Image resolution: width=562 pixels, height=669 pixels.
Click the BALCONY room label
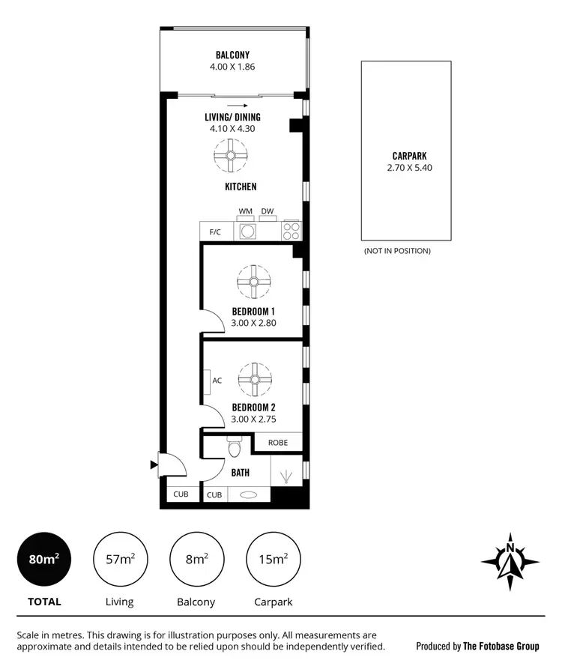tap(232, 55)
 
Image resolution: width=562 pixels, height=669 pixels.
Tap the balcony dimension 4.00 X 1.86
tap(232, 67)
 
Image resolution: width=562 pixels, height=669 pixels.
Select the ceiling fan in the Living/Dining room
tap(232, 156)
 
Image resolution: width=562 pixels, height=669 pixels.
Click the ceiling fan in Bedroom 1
tap(254, 282)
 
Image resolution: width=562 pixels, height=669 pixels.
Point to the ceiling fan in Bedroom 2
tap(254, 380)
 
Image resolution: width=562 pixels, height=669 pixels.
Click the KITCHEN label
tap(240, 187)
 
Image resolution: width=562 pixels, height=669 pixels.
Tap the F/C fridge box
tap(215, 231)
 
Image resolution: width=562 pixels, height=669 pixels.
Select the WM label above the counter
tap(245, 212)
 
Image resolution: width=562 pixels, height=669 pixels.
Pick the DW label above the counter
tap(268, 212)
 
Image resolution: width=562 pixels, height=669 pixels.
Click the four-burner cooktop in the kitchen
tap(291, 231)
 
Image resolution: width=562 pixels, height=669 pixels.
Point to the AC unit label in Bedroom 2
tap(217, 381)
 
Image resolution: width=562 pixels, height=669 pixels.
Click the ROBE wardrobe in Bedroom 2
tap(277, 443)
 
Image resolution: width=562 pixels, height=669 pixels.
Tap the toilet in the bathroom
tap(234, 448)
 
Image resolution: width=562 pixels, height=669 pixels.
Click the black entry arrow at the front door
tap(154, 465)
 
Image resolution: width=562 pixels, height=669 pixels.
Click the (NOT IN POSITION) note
tap(397, 251)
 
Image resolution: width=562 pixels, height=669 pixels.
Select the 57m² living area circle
tap(120, 560)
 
